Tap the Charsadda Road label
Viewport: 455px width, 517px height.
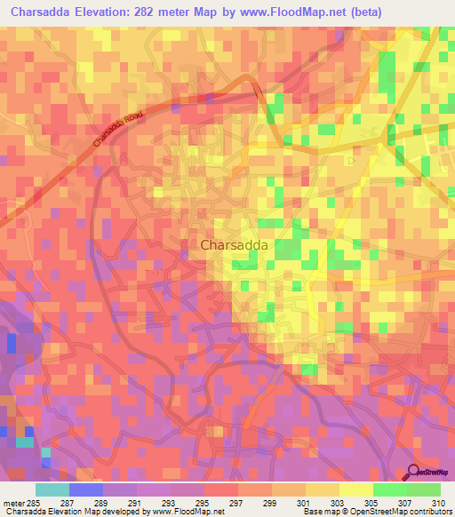coord(117,130)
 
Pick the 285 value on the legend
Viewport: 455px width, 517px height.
coord(36,503)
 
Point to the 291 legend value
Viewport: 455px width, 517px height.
coord(137,503)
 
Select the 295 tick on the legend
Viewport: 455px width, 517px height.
coord(204,503)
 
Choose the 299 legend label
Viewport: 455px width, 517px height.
coord(272,503)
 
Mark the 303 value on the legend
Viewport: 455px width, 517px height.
coord(339,503)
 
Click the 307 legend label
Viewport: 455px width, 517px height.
coord(407,503)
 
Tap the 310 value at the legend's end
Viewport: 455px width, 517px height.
coord(437,503)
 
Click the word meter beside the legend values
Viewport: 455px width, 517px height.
coord(13,503)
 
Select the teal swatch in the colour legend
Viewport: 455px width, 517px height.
coord(52,489)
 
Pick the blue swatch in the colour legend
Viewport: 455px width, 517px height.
coord(86,489)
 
